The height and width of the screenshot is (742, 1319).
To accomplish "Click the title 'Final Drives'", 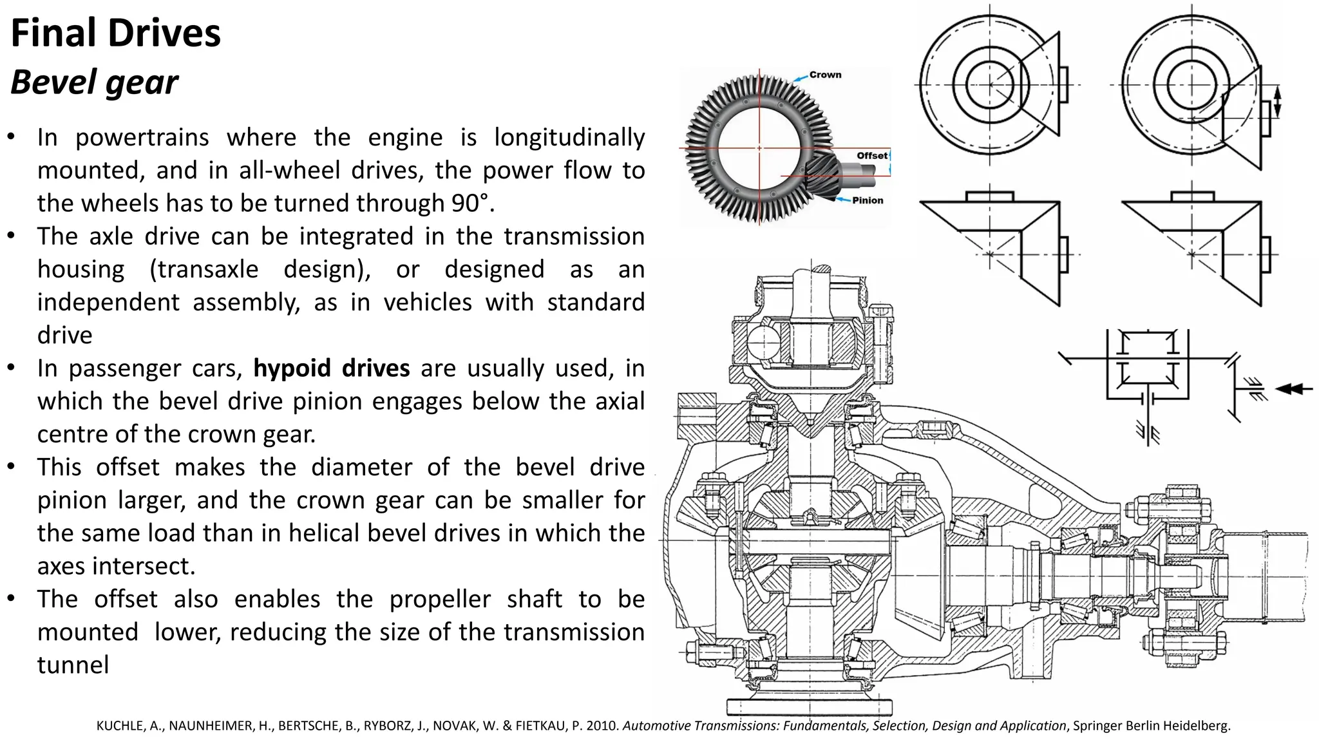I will [x=116, y=33].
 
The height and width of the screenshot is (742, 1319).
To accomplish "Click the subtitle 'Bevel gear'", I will [x=95, y=82].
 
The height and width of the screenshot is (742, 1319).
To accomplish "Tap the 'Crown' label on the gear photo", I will [x=825, y=75].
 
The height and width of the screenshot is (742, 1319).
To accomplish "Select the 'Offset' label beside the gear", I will [x=871, y=155].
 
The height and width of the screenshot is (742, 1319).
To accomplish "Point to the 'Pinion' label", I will [x=868, y=200].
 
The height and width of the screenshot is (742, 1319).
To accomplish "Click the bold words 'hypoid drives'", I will [x=331, y=368].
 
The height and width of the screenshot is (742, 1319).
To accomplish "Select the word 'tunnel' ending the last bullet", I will [x=73, y=665].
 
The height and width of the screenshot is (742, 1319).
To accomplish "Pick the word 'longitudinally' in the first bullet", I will [x=569, y=138].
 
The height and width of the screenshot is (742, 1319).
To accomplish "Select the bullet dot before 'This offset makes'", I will [x=11, y=466].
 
